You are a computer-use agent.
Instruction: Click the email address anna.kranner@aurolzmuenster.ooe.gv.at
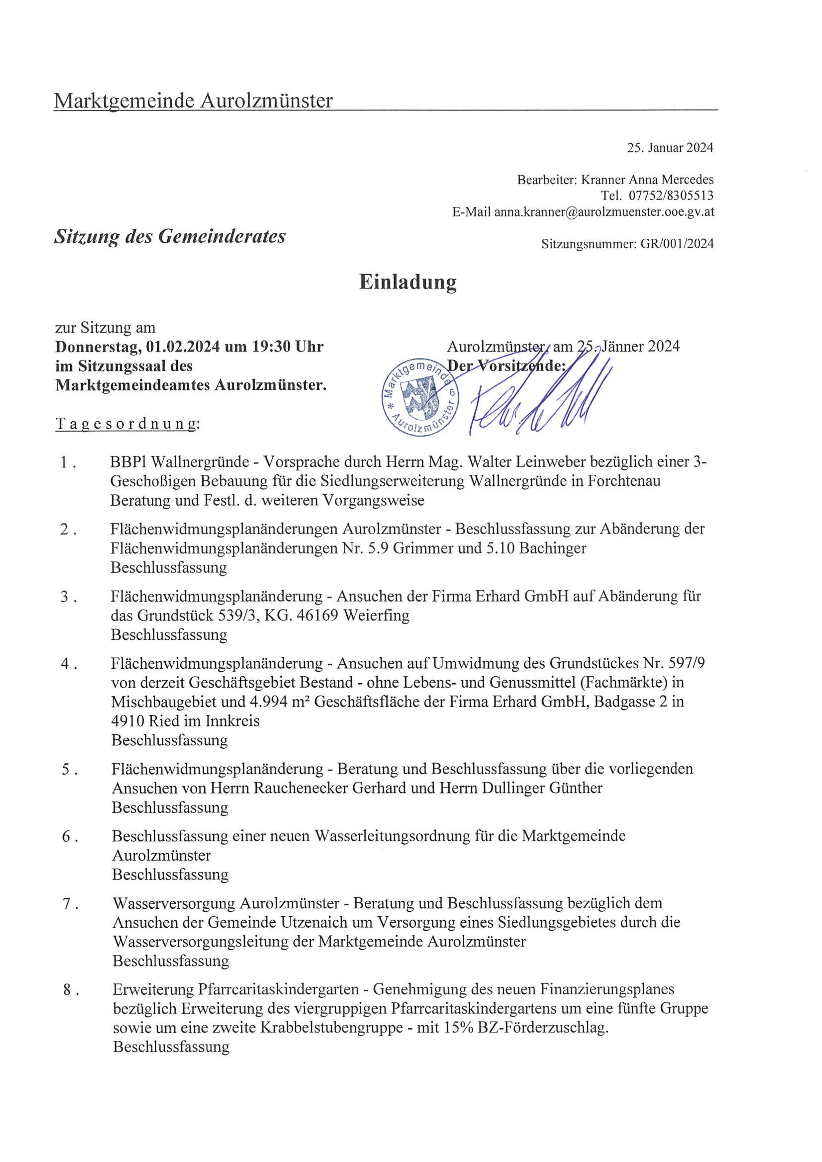[604, 212]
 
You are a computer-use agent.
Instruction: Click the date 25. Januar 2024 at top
[670, 148]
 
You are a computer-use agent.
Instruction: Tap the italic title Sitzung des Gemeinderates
[170, 236]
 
